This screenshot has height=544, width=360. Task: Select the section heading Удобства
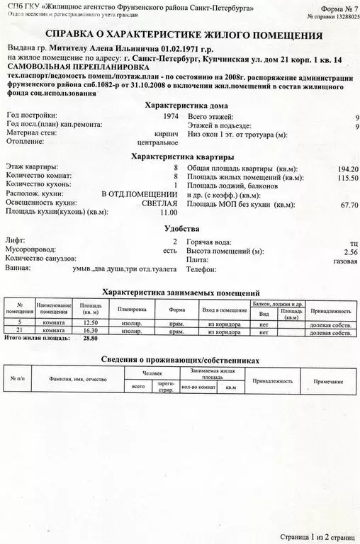point(181,229)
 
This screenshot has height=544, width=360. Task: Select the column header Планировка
point(132,310)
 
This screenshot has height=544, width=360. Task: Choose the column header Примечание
point(328,381)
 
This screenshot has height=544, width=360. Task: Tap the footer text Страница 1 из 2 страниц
point(316,537)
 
